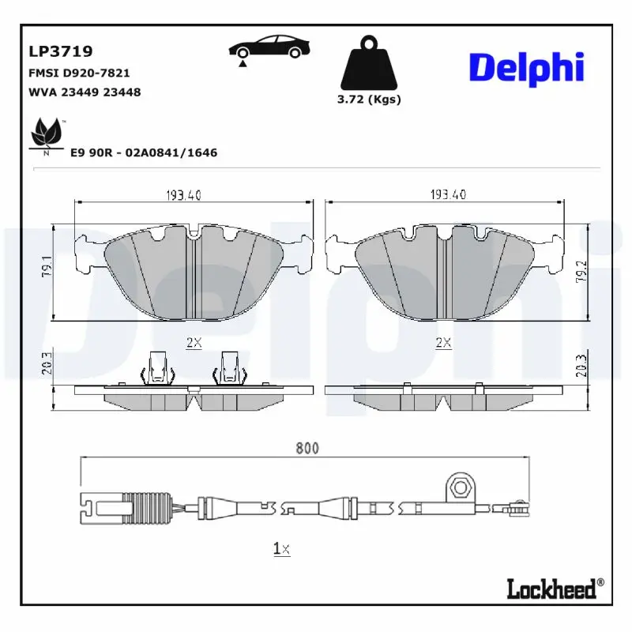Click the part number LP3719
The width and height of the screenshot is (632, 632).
[x=61, y=51]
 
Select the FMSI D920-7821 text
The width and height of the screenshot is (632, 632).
[x=79, y=73]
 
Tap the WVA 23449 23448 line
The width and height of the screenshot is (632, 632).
[x=85, y=92]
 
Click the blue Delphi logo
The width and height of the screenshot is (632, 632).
[x=526, y=67]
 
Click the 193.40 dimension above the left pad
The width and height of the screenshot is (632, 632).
[x=183, y=195]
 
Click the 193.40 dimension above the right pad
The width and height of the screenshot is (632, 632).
[x=447, y=195]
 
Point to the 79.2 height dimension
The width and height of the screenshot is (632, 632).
[x=582, y=271]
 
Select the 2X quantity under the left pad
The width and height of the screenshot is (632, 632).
[x=194, y=343]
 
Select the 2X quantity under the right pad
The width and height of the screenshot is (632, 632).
[x=443, y=343]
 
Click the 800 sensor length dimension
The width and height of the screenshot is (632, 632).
[x=307, y=448]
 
